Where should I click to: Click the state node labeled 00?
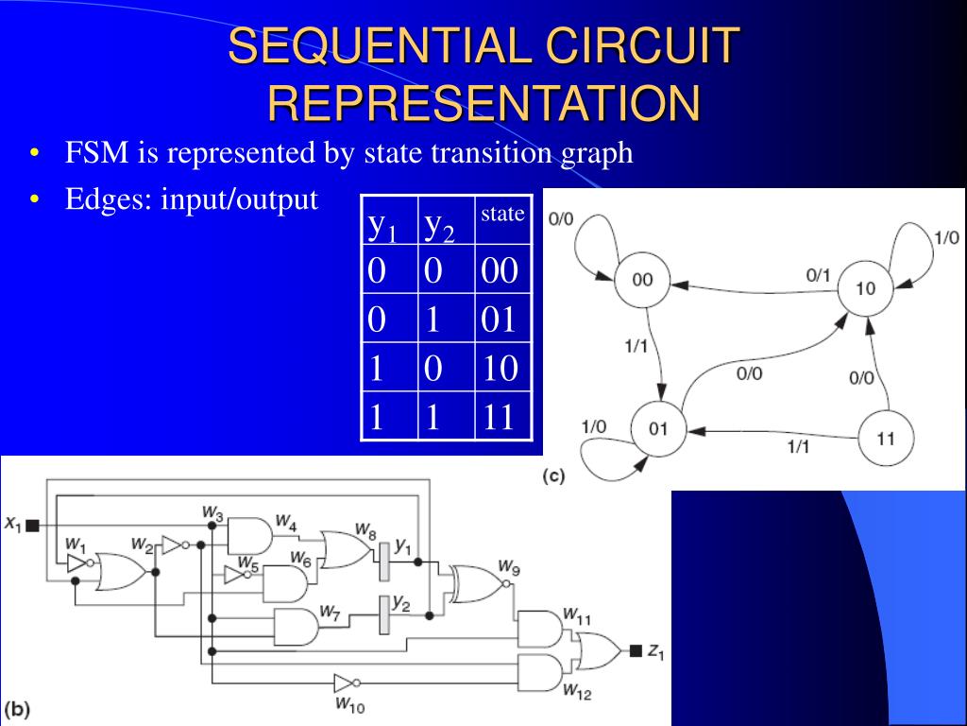642,280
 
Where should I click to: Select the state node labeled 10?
865,288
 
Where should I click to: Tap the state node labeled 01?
657,429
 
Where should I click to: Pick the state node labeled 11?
885,439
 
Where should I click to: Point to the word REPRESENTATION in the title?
483,103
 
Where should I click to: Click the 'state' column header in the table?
502,214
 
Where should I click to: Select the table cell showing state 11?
500,416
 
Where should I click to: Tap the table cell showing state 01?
500,320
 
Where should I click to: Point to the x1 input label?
13,524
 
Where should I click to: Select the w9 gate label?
509,568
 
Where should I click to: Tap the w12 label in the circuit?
576,693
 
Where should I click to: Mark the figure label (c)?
553,476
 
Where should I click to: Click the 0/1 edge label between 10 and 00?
818,275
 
